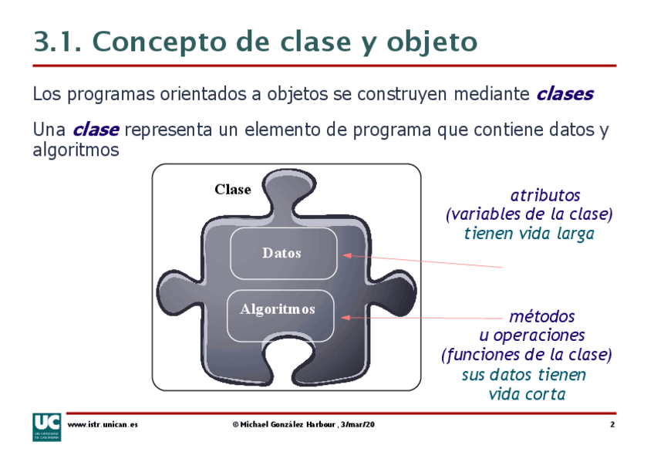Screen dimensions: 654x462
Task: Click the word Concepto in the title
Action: coord(159,42)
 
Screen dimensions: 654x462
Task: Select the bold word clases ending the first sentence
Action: coord(565,94)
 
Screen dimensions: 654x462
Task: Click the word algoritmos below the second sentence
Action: coord(76,150)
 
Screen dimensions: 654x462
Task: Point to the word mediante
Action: coord(491,94)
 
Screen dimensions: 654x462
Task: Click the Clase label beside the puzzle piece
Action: coord(233,189)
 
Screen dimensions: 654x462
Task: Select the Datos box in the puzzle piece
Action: coord(284,253)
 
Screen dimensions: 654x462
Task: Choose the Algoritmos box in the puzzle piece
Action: coord(280,315)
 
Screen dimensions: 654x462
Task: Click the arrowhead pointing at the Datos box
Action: coord(347,255)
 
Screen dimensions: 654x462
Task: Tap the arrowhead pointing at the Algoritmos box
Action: coord(346,318)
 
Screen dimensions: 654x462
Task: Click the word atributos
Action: coord(545,195)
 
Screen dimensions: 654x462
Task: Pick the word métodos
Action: coord(542,316)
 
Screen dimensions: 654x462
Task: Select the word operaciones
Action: coord(539,336)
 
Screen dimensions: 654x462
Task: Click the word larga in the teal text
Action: coord(575,234)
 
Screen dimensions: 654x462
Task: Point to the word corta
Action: coord(548,394)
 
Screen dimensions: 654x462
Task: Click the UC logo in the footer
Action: coord(47,427)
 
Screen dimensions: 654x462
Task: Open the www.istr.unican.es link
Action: coord(103,424)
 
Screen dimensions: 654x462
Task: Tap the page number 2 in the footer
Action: coord(612,424)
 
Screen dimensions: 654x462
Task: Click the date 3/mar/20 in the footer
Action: coord(357,424)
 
